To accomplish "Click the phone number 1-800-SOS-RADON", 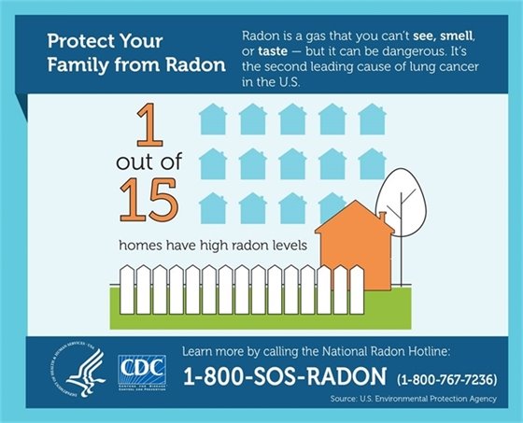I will (x=283, y=377).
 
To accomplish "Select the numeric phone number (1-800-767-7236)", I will (x=447, y=379).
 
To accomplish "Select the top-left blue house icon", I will (x=213, y=119).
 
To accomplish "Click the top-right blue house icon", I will (x=372, y=119).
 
